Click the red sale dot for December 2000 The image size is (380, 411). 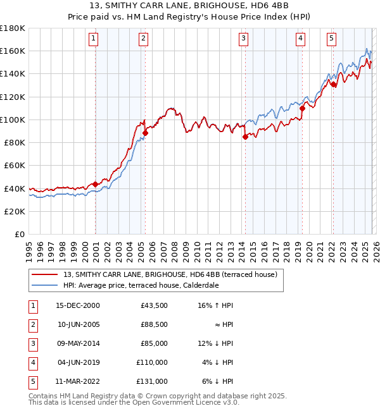(x=96, y=184)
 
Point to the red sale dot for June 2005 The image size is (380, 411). (x=145, y=133)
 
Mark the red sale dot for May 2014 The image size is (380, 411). (x=245, y=137)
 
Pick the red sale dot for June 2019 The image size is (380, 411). (x=302, y=108)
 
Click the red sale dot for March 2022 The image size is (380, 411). (x=333, y=84)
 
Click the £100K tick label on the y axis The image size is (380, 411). (x=13, y=120)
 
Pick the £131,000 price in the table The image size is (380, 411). (x=153, y=381)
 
